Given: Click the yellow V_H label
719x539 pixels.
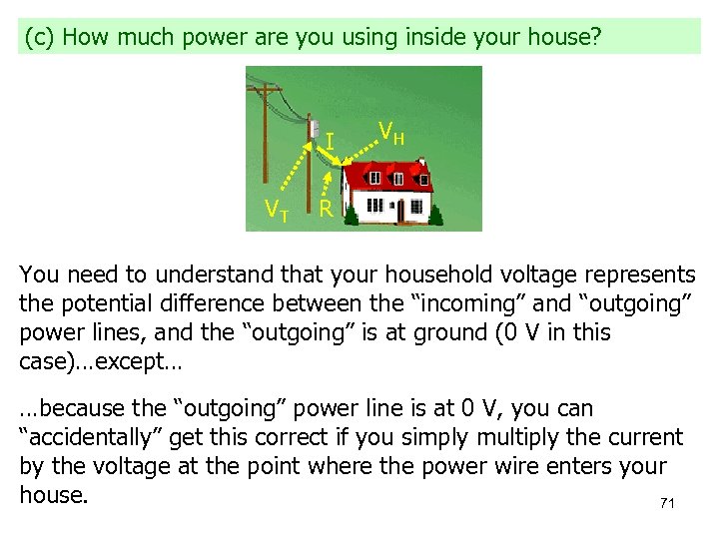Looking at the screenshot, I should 390,132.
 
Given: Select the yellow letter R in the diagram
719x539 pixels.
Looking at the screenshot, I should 326,210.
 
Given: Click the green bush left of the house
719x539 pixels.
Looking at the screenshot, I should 352,216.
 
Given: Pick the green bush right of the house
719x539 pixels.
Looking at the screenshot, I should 436,214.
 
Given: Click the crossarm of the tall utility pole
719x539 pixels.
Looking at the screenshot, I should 267,92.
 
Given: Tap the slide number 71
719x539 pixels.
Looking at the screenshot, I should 667,504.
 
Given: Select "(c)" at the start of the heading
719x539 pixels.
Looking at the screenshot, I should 39,38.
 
